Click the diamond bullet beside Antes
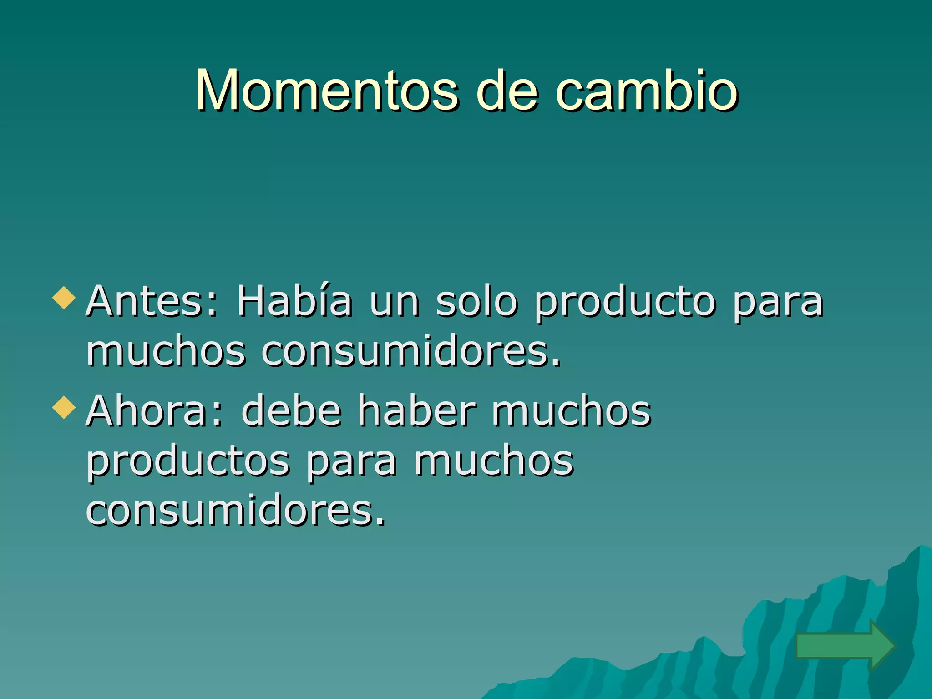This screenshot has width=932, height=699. tap(64, 298)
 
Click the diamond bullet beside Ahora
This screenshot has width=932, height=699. tap(64, 407)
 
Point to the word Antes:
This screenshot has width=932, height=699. tap(152, 301)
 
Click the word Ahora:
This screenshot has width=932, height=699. tap(155, 411)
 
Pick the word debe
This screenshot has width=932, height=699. tap(291, 411)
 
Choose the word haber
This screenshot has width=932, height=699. tap(417, 411)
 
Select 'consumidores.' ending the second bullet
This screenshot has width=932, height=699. tap(235, 511)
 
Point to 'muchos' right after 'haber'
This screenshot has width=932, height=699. tap(571, 411)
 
